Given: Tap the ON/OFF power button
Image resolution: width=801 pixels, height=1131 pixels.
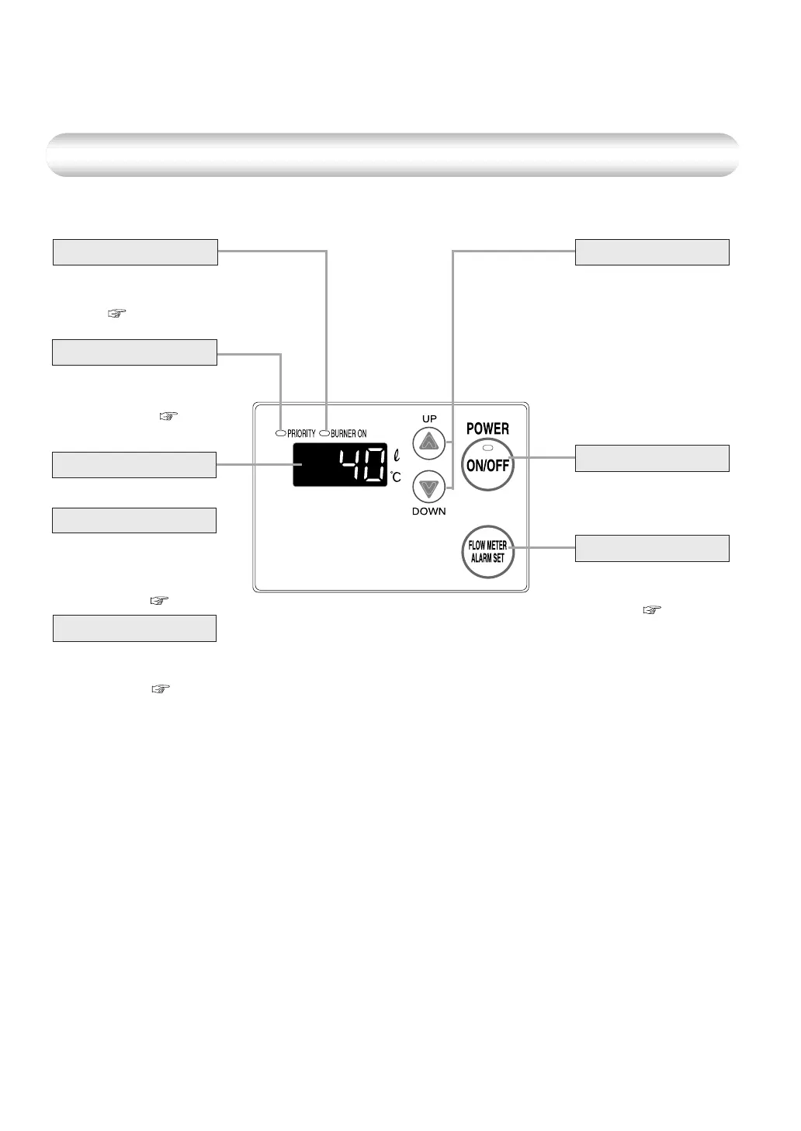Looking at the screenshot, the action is [487, 466].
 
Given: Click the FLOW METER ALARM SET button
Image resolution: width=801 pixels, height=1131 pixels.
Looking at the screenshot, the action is [487, 552].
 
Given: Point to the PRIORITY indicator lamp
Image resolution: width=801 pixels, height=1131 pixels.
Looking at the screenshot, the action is [280, 433].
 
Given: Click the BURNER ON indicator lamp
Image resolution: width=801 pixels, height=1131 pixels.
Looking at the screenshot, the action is [324, 433].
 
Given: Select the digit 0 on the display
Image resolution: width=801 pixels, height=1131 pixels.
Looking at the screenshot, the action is [374, 465].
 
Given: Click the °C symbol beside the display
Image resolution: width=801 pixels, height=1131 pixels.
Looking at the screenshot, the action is [396, 477].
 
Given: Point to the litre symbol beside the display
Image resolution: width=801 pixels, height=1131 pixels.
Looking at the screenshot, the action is [396, 453].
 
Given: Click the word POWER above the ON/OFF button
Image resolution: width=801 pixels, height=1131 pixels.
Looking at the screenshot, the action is [487, 428].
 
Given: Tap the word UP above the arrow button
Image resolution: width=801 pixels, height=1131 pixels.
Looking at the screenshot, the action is [429, 418].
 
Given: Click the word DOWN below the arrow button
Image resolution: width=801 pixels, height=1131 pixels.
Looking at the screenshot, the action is [428, 512].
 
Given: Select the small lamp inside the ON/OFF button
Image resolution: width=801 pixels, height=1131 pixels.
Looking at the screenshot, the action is [487, 449].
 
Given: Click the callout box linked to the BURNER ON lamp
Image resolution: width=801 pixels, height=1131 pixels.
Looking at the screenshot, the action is [135, 252].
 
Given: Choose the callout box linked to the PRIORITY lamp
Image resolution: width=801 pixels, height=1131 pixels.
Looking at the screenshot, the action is [134, 352].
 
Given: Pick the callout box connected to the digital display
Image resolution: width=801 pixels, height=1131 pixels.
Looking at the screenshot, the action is [133, 464].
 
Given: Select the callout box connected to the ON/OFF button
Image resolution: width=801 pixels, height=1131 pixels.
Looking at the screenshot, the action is [652, 458].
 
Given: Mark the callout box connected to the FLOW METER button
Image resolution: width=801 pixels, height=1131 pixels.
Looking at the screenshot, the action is [652, 548].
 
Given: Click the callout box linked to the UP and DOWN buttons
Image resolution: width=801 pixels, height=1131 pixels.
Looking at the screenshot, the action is [652, 252].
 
